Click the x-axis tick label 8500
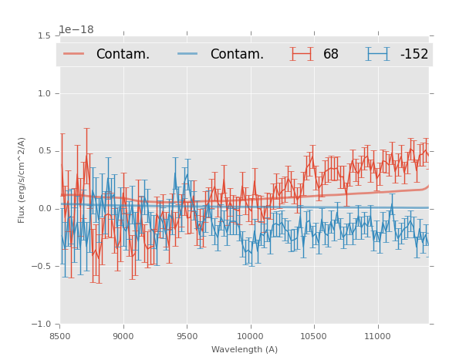pos(60,336)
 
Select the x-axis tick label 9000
pos(123,336)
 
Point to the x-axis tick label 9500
pos(187,336)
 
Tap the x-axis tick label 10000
pos(250,336)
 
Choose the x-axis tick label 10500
pos(313,336)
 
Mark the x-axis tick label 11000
pos(376,336)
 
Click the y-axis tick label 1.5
pos(44,35)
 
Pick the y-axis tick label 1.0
pos(44,93)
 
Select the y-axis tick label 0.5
pos(44,151)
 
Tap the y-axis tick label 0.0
pos(44,209)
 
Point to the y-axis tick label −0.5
pos(42,267)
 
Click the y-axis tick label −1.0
pos(42,325)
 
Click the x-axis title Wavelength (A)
pos(245,350)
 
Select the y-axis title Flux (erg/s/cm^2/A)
pos(22,180)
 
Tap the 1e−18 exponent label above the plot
pos(76,30)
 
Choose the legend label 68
pos(331,55)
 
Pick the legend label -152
pos(414,55)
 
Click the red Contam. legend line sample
pos(74,54)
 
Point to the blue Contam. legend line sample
pos(188,54)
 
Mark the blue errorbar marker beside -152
pos(378,54)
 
